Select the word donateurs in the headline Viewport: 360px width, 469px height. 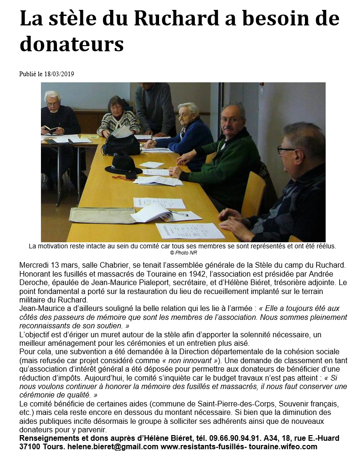tap(72, 44)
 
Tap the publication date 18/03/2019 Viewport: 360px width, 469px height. tap(59, 74)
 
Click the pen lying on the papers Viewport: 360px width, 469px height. tap(179, 213)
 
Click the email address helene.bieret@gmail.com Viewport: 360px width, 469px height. tap(111, 446)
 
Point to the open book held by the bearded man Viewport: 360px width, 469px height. tap(51, 130)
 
